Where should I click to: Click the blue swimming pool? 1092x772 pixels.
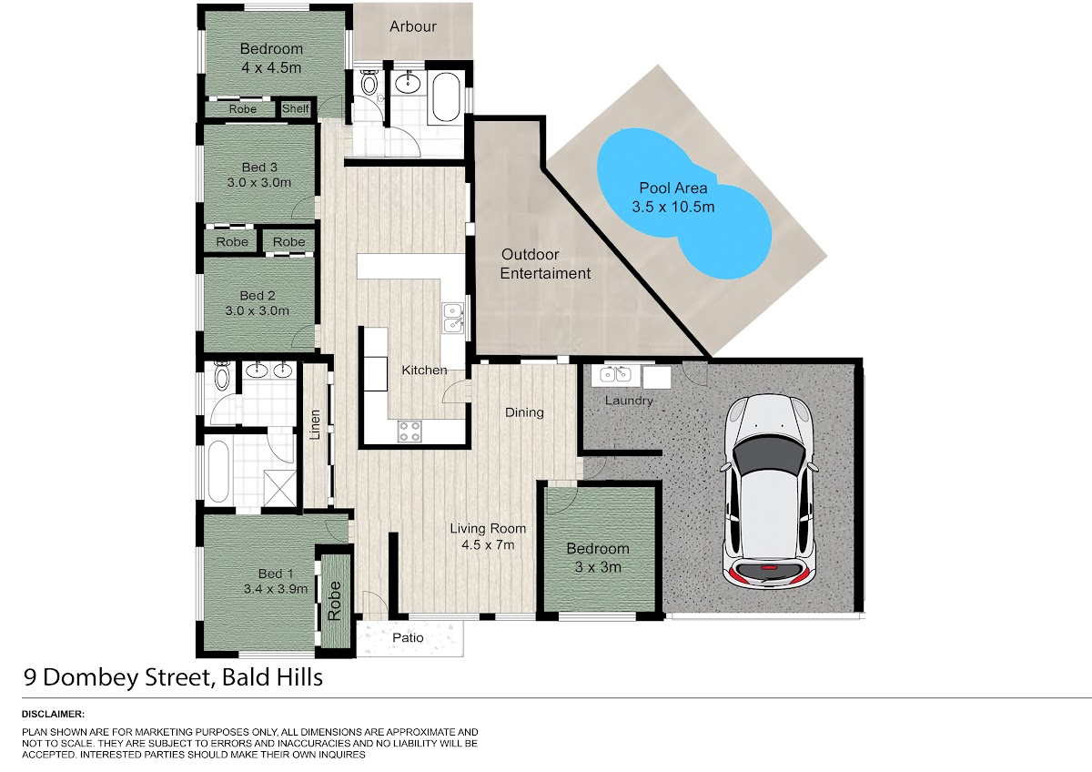pos(682,203)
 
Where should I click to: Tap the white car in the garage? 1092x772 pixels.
pos(769,490)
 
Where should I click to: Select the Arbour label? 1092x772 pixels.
pos(413,26)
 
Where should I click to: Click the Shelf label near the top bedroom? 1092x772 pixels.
pos(296,108)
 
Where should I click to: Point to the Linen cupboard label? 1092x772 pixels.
pos(315,425)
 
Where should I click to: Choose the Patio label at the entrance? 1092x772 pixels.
pos(408,637)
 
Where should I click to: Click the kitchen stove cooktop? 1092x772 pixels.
pos(409,432)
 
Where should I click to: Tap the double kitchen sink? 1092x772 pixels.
pos(453,318)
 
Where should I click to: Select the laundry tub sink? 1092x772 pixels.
pos(615,374)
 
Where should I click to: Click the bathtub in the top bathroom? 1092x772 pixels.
pos(446,97)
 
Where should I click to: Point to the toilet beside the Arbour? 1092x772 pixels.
pos(369,83)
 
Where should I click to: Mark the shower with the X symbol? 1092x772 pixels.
pos(280,488)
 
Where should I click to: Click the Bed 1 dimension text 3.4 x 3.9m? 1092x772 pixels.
pos(276,589)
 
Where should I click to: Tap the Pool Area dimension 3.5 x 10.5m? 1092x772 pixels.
pos(673,207)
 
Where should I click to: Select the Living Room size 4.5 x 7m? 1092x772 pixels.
pos(488,544)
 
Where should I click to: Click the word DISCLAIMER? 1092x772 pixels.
pos(53,714)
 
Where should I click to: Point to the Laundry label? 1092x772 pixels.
pos(629,401)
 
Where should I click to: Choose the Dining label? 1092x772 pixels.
pos(524,412)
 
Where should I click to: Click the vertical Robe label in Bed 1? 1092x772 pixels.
pos(335,601)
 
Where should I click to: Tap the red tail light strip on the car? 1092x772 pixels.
pos(769,568)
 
